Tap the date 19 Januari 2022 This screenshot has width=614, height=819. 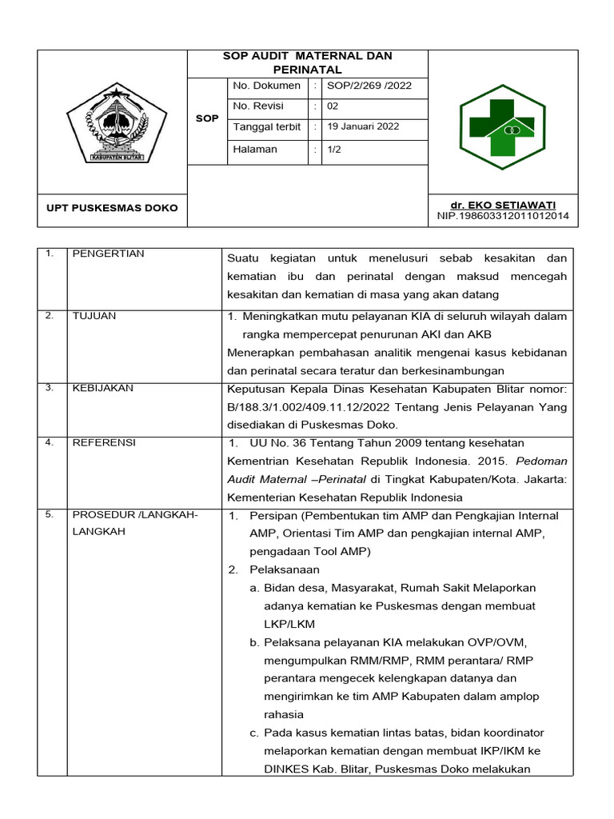pos(364,126)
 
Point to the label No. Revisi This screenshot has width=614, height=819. pos(257,106)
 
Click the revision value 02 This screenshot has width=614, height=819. pos(333,106)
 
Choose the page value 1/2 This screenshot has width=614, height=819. pos(334,149)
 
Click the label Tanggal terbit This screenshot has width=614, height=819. pos(267,126)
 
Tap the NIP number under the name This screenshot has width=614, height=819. pos(503,216)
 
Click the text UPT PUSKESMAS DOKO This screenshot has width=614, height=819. pos(112,209)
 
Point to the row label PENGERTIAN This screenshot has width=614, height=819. pos(109,254)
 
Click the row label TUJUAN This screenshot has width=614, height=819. pos(94,316)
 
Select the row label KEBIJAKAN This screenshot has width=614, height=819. pos(103,388)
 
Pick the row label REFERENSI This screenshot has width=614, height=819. pos(104,442)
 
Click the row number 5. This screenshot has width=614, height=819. pos(50,514)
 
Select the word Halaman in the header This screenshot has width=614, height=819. pos(255,149)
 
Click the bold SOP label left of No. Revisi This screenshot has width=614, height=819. pos(207,118)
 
